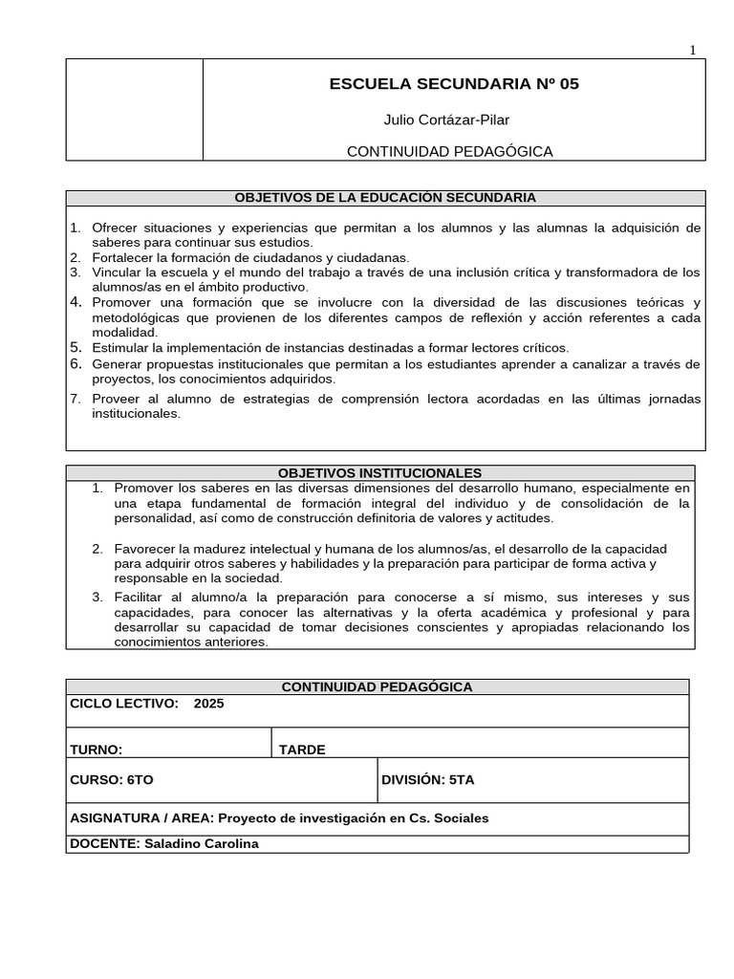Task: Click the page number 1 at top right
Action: tap(693, 51)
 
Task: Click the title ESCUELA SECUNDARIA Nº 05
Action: tap(454, 84)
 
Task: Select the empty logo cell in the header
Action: tap(134, 110)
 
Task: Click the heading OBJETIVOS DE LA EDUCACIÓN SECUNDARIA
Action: tap(385, 198)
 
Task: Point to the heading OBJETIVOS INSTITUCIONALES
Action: tap(379, 473)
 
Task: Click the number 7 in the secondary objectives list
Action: tap(75, 399)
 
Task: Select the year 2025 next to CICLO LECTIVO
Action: tap(208, 704)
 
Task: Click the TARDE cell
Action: tap(302, 750)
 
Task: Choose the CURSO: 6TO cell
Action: tap(112, 780)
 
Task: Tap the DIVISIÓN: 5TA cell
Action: tap(427, 780)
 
